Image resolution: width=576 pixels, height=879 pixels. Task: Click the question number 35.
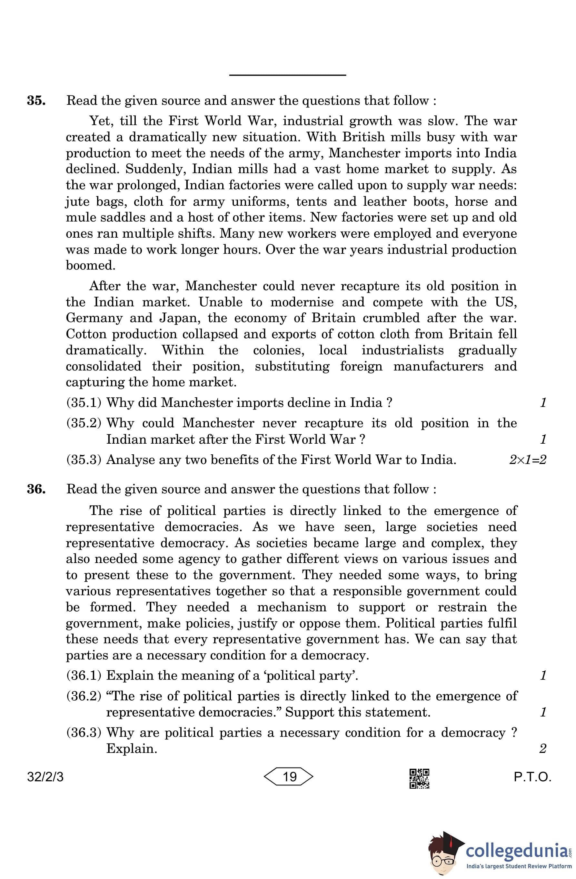pyautogui.click(x=36, y=101)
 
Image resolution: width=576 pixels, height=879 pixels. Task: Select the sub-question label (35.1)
pyautogui.click(x=84, y=402)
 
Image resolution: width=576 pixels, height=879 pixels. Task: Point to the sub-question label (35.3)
pyautogui.click(x=84, y=459)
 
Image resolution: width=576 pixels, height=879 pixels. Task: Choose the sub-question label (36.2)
pyautogui.click(x=84, y=696)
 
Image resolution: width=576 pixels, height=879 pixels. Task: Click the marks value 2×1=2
pyautogui.click(x=527, y=460)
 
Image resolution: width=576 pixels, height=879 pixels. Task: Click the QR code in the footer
pyautogui.click(x=419, y=778)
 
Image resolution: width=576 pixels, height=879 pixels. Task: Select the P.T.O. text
pyautogui.click(x=532, y=777)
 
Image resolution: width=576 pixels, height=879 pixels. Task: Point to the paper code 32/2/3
pyautogui.click(x=45, y=777)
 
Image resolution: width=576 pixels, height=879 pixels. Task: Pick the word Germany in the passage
pyautogui.click(x=94, y=318)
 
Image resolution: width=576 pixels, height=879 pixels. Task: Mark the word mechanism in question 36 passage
pyautogui.click(x=292, y=607)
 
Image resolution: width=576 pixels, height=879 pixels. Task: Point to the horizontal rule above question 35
pyautogui.click(x=287, y=75)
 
